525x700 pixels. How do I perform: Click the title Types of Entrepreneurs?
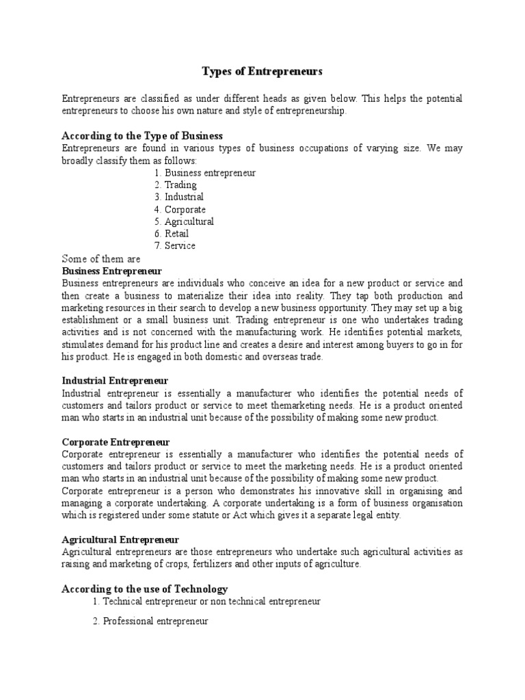[x=262, y=71]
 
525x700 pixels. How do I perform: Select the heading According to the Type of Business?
[x=142, y=136]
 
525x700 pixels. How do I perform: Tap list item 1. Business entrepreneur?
[x=205, y=173]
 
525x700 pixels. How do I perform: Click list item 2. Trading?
[x=176, y=185]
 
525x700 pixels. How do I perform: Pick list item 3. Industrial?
[x=179, y=197]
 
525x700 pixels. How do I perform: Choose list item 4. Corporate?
[x=180, y=209]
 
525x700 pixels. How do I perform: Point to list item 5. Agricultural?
[x=184, y=221]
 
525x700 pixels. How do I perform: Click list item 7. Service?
[x=175, y=246]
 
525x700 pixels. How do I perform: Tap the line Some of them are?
[x=101, y=259]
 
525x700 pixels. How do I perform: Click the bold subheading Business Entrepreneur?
[x=111, y=271]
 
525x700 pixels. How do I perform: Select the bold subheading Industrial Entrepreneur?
[x=115, y=381]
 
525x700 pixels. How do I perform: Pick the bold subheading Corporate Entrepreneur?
[x=116, y=442]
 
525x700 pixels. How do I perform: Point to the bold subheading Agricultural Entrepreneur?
[x=120, y=540]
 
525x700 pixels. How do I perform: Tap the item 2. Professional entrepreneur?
[x=150, y=622]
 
